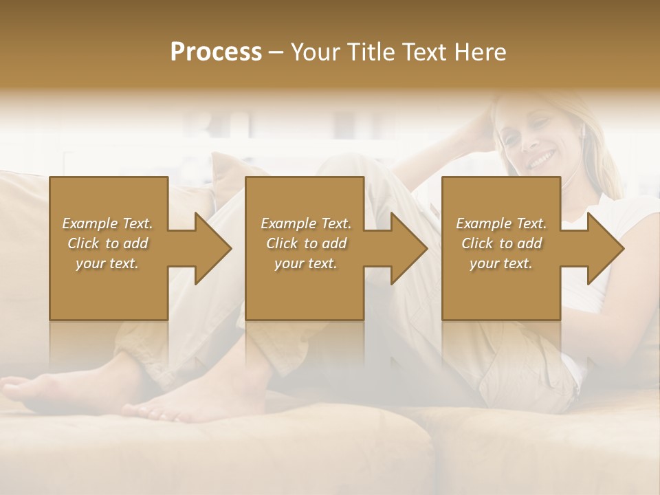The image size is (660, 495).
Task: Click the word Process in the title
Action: (x=216, y=52)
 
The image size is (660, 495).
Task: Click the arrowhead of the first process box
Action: (x=210, y=248)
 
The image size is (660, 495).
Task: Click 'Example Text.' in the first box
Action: (x=107, y=223)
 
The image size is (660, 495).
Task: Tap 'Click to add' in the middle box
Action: (x=306, y=243)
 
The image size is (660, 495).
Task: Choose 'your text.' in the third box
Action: (x=501, y=263)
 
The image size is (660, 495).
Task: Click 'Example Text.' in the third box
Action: (x=501, y=223)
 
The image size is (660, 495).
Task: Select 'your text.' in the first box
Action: (x=107, y=263)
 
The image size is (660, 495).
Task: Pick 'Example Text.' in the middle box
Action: (x=306, y=223)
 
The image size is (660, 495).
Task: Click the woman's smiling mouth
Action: (x=541, y=160)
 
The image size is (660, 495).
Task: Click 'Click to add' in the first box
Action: (x=107, y=243)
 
